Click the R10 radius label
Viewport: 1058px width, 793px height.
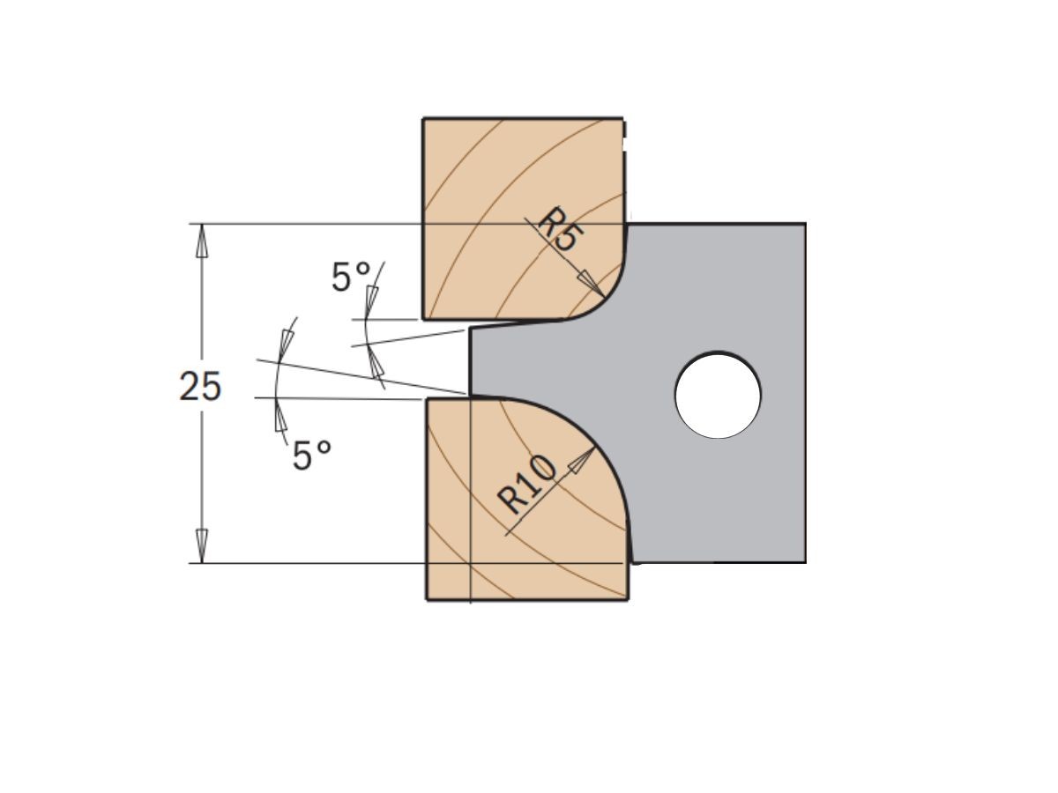527,485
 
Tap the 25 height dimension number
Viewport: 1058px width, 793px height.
200,387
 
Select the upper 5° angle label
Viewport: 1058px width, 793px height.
351,278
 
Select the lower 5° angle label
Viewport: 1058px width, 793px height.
312,456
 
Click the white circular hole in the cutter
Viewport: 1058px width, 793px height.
718,395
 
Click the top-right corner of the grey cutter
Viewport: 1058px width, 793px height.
804,225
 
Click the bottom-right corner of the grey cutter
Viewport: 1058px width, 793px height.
804,561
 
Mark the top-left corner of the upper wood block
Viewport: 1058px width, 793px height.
424,118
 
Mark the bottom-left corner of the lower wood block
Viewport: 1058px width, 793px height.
428,599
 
